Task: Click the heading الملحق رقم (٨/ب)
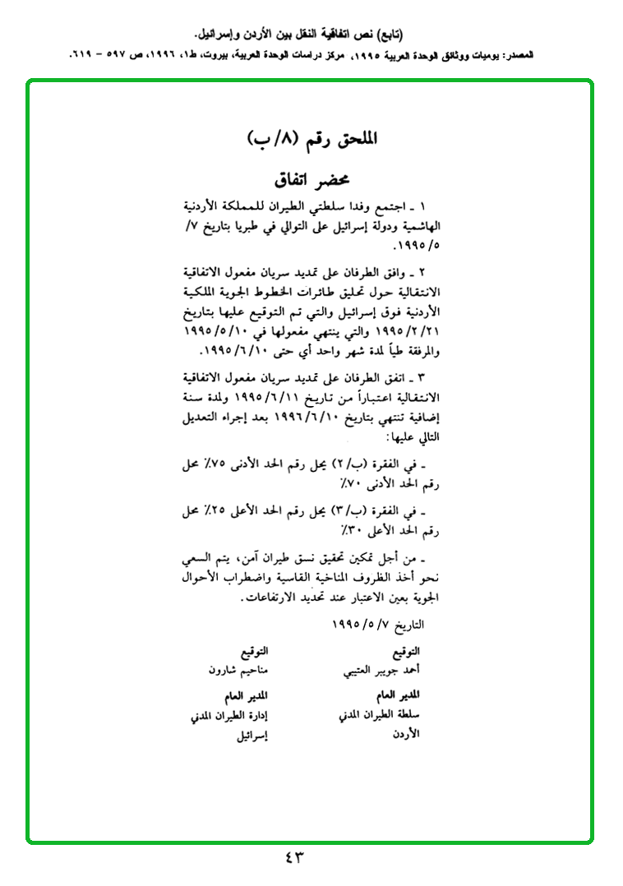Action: click(x=311, y=139)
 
